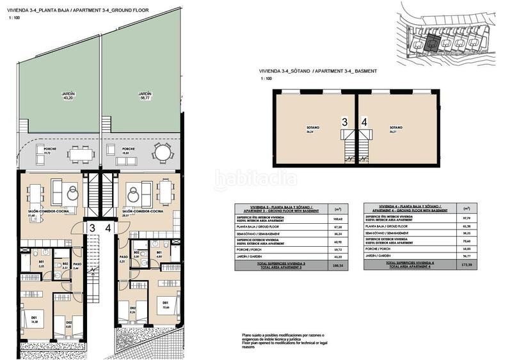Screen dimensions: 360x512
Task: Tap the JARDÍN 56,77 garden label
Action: pyautogui.click(x=144, y=96)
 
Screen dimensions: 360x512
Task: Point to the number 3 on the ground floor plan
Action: pyautogui.click(x=92, y=227)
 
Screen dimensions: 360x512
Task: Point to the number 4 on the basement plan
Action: pyautogui.click(x=364, y=121)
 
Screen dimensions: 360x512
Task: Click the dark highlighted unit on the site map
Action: pyautogui.click(x=433, y=43)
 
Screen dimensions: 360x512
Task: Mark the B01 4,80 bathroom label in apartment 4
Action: pyautogui.click(x=158, y=254)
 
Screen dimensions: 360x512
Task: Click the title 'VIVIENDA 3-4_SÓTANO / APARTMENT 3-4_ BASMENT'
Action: pyautogui.click(x=318, y=71)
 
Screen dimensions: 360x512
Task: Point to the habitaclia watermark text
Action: pyautogui.click(x=255, y=180)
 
